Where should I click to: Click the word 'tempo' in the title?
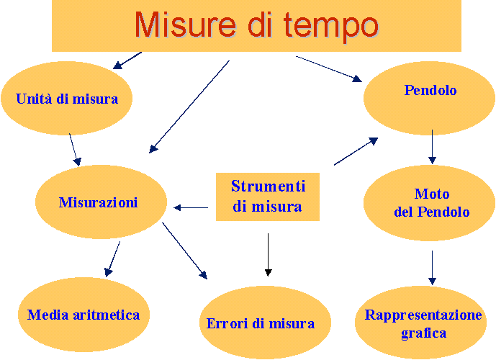tap(331, 27)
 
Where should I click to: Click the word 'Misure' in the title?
tap(186, 24)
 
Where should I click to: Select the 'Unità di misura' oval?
tap(67, 99)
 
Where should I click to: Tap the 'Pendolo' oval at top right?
tap(429, 98)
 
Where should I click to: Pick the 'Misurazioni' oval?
tap(101, 202)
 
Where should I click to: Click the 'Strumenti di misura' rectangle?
tap(268, 197)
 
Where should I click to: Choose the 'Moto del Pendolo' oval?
tap(429, 203)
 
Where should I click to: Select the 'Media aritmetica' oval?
tap(84, 315)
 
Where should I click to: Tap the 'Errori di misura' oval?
tap(265, 323)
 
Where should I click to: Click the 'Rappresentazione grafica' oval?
tap(420, 323)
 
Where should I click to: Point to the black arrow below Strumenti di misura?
tap(269, 255)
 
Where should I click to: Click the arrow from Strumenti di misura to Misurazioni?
tap(191, 208)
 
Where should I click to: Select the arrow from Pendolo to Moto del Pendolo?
tap(432, 147)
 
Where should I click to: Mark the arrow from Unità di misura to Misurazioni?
tap(76, 150)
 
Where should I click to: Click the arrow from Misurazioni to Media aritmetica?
tap(112, 259)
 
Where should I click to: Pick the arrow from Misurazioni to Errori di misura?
tap(185, 251)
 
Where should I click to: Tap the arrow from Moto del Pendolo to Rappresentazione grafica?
tap(432, 268)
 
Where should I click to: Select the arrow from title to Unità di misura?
tap(127, 60)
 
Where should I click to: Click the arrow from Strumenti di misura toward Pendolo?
tap(356, 151)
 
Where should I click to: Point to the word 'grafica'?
tap(423, 334)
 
